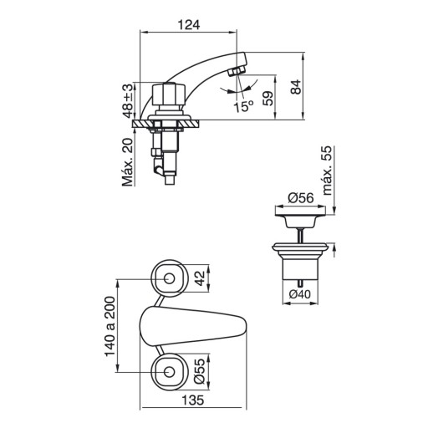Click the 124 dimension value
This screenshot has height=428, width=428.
pyautogui.click(x=189, y=25)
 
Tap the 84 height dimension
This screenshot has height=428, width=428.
pyautogui.click(x=296, y=87)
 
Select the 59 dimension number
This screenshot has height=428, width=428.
pyautogui.click(x=268, y=99)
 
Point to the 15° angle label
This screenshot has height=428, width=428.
pyautogui.click(x=243, y=107)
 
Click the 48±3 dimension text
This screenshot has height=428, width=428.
pyautogui.click(x=128, y=101)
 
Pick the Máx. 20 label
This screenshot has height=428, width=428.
pyautogui.click(x=128, y=162)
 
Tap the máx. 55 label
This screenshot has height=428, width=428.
pyautogui.click(x=327, y=171)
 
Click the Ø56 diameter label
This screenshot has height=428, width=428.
pyautogui.click(x=301, y=198)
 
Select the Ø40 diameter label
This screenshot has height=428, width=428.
pyautogui.click(x=299, y=294)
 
